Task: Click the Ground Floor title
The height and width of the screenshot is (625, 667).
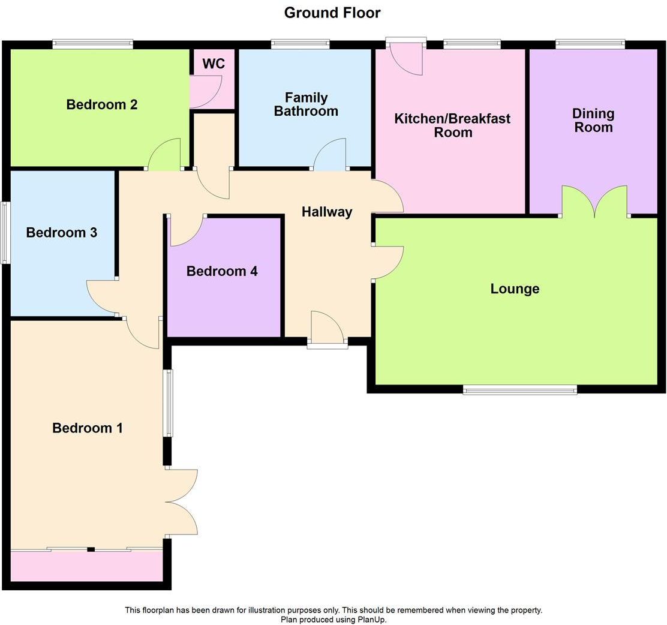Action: pyautogui.click(x=332, y=12)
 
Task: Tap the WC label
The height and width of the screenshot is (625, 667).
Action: pyautogui.click(x=214, y=64)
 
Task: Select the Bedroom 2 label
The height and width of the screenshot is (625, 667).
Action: pyautogui.click(x=102, y=104)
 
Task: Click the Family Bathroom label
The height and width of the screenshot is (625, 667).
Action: pyautogui.click(x=306, y=104)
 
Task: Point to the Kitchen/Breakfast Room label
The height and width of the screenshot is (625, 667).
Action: pyautogui.click(x=452, y=125)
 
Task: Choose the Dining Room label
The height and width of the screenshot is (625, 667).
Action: pyautogui.click(x=593, y=120)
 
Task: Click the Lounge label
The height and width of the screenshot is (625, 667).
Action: pyautogui.click(x=515, y=289)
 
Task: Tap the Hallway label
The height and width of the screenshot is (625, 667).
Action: pyautogui.click(x=327, y=211)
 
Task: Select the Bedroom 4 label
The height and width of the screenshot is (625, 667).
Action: pyautogui.click(x=222, y=271)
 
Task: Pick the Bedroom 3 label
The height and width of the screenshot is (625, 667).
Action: pyautogui.click(x=62, y=232)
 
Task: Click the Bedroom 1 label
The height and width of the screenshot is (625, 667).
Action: pyautogui.click(x=88, y=428)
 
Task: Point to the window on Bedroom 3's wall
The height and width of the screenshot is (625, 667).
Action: pyautogui.click(x=5, y=233)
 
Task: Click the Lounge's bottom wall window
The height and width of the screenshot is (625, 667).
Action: pyautogui.click(x=519, y=390)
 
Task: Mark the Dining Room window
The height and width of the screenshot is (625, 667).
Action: pyautogui.click(x=590, y=43)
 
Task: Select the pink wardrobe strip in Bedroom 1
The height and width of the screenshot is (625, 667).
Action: pyautogui.click(x=86, y=566)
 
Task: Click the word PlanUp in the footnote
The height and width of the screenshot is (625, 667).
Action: pyautogui.click(x=371, y=620)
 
